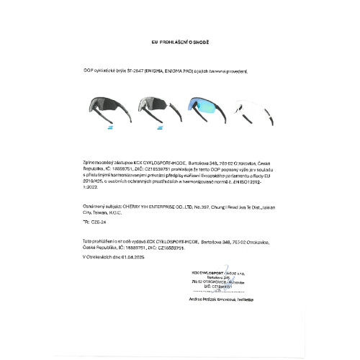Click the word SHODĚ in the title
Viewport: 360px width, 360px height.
200,42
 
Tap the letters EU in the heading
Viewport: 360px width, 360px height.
154,42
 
